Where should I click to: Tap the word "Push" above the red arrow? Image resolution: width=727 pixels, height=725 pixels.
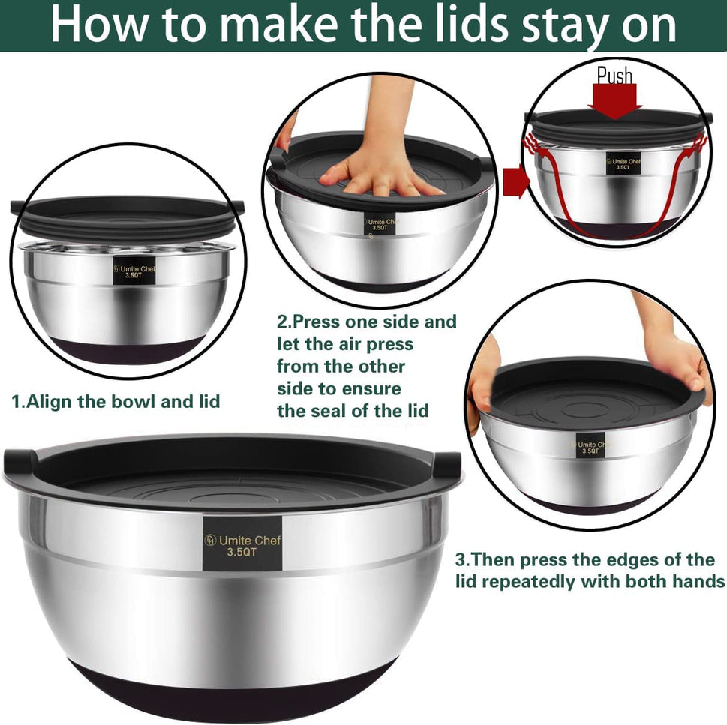[x=614, y=75]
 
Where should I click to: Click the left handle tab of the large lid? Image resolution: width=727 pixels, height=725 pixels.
[x=21, y=463]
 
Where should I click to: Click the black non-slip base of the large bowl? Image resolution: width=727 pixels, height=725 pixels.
[x=233, y=690]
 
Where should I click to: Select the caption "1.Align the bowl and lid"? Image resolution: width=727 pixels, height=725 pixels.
[x=116, y=401]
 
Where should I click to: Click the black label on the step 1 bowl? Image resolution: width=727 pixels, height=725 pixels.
[x=134, y=271]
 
